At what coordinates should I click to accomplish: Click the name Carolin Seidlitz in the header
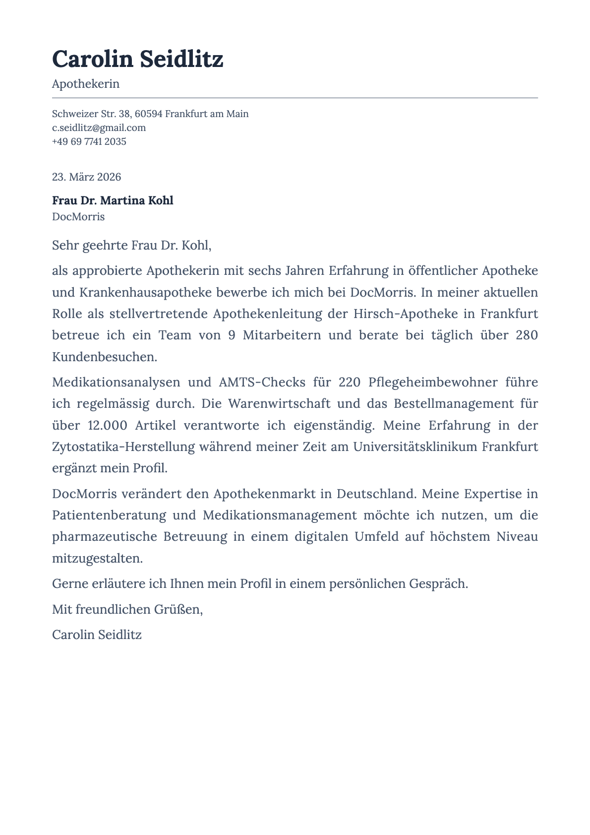point(137,60)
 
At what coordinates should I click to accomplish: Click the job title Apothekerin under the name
point(86,84)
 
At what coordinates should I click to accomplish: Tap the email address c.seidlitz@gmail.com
point(99,128)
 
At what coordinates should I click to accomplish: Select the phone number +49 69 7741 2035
point(89,141)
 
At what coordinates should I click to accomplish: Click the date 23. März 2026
point(86,177)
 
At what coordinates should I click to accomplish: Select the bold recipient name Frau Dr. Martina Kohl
point(113,200)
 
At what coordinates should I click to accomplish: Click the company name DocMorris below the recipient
point(78,217)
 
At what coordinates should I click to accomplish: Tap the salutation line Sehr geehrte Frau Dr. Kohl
point(131,245)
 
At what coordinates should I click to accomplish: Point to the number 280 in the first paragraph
point(527,335)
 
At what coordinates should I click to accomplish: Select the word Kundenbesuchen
point(105,357)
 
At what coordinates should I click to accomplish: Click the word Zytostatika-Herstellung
point(123,447)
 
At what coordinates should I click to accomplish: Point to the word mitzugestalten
point(97,558)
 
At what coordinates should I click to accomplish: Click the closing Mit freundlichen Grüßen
point(127,609)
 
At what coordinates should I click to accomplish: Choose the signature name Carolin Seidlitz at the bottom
point(97,635)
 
